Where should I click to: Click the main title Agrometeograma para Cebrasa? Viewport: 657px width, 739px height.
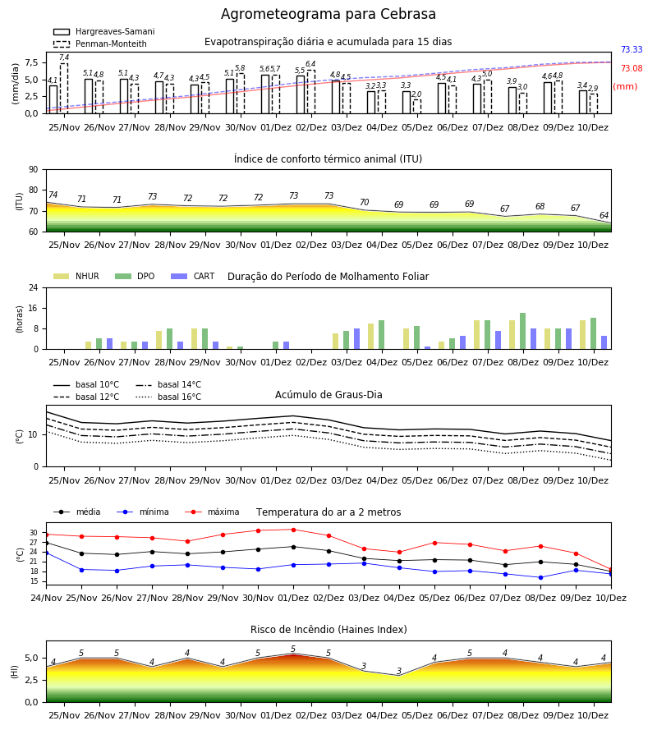pyautogui.click(x=328, y=14)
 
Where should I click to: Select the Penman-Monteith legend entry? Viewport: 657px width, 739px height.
pyautogui.click(x=100, y=44)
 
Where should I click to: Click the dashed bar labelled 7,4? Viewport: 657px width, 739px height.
pyautogui.click(x=64, y=89)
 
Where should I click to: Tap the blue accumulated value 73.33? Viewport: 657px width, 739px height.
pyautogui.click(x=632, y=49)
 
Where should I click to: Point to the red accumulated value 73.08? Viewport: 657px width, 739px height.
pyautogui.click(x=632, y=68)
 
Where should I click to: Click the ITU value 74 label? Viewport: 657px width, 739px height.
pyautogui.click(x=53, y=195)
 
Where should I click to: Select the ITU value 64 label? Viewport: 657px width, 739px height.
pyautogui.click(x=604, y=215)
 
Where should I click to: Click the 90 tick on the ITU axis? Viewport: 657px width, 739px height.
pyautogui.click(x=34, y=170)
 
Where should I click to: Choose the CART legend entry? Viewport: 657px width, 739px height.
pyautogui.click(x=193, y=276)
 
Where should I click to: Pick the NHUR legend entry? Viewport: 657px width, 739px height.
pyautogui.click(x=76, y=276)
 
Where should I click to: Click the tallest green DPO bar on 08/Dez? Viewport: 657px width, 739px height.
pyautogui.click(x=522, y=332)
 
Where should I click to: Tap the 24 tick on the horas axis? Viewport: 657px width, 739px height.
pyautogui.click(x=34, y=287)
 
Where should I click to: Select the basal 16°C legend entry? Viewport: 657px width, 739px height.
pyautogui.click(x=168, y=397)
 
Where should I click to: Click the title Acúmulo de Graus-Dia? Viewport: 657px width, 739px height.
pyautogui.click(x=328, y=394)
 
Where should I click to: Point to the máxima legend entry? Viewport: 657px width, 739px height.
pyautogui.click(x=212, y=512)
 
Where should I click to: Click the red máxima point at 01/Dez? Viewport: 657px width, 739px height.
pyautogui.click(x=294, y=530)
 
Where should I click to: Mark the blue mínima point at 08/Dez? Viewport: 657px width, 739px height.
pyautogui.click(x=540, y=577)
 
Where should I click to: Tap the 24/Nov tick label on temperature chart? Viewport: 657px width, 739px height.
pyautogui.click(x=46, y=598)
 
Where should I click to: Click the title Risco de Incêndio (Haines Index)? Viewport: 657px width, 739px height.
pyautogui.click(x=328, y=630)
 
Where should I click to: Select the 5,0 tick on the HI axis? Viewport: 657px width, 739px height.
pyautogui.click(x=31, y=658)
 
